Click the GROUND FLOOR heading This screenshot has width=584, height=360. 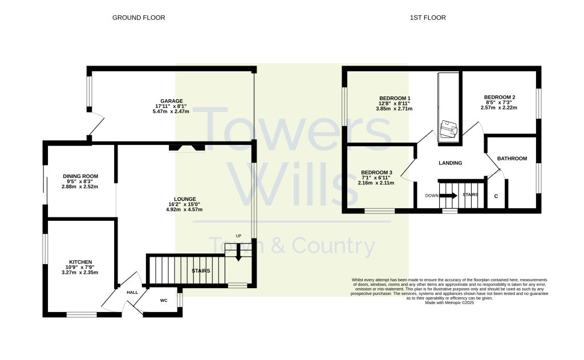139,18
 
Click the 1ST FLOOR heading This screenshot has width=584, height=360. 428,18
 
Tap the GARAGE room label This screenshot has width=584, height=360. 171,101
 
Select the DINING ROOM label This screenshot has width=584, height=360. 80,176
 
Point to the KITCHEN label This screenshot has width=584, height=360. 80,262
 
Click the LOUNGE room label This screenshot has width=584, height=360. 185,199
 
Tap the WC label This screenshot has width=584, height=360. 164,300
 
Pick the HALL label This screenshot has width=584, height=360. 132,293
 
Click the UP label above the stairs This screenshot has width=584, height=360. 238,236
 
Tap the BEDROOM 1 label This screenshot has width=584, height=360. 395,98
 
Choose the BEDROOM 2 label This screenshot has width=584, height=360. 500,97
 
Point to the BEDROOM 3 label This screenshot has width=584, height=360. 376,172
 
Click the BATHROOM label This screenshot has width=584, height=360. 512,159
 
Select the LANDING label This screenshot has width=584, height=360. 451,163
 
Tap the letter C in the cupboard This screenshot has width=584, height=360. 496,196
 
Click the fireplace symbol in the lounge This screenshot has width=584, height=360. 187,148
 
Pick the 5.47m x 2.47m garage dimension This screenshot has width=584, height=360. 171,111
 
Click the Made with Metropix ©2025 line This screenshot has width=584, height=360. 449,303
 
